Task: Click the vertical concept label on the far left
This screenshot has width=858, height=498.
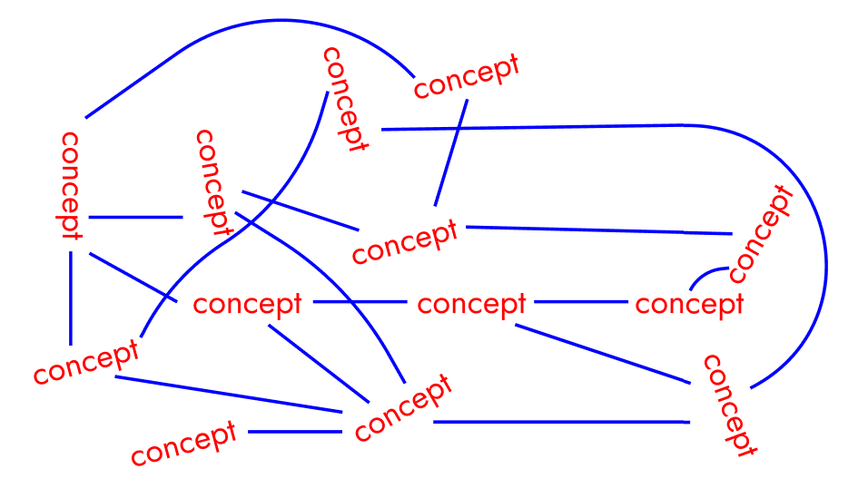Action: coord(70,185)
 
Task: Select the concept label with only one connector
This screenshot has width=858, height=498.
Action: coord(184,442)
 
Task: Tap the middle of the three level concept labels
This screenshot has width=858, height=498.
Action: coord(471,304)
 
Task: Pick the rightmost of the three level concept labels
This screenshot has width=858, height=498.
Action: coord(689,304)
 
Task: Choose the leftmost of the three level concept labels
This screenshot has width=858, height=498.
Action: coord(247,304)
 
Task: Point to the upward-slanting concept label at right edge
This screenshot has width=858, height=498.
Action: coord(761,233)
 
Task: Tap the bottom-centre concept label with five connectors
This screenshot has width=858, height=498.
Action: coord(402,407)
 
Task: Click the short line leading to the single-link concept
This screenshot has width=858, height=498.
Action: coord(294,432)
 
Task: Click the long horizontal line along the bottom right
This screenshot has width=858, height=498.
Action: coord(558,422)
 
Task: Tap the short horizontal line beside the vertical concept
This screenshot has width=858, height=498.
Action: coord(136,218)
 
